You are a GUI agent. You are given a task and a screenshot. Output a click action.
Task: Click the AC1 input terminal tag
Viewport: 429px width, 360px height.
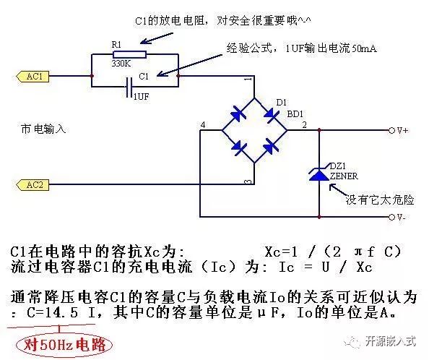coord(32,77)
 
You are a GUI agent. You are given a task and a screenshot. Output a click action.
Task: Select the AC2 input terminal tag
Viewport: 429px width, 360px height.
coord(32,185)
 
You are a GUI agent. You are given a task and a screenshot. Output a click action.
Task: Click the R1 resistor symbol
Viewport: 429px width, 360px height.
coord(129,54)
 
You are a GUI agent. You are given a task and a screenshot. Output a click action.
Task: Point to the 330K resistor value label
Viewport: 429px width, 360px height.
coord(121,64)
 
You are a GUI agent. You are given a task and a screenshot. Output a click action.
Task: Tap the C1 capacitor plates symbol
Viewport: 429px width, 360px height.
coord(129,87)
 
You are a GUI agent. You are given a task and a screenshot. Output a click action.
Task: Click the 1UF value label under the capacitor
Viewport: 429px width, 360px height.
coord(141,96)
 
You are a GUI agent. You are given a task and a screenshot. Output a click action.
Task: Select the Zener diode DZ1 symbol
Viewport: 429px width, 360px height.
coord(319,173)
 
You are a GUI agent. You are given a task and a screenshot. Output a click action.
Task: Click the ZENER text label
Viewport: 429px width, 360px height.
coord(344,176)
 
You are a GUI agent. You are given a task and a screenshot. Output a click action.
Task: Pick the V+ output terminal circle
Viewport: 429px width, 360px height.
coord(391,130)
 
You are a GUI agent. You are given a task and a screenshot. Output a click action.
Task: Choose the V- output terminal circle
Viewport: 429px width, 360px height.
coord(391,217)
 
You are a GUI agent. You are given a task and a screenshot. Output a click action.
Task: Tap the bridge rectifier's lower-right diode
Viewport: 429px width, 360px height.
coord(270,146)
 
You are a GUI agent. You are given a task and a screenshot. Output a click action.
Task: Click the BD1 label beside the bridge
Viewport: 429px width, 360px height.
coord(295,114)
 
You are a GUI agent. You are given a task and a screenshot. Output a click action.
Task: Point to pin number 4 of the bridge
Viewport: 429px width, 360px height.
coord(203,125)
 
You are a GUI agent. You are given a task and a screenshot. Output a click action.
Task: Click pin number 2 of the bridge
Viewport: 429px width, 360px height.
coord(304,125)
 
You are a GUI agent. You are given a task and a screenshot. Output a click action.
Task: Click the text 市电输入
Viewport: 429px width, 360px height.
coord(43,129)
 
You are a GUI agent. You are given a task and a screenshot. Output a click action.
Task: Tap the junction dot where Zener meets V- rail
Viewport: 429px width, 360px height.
coord(319,217)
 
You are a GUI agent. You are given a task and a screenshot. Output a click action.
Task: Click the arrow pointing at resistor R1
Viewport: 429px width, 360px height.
coord(157,38)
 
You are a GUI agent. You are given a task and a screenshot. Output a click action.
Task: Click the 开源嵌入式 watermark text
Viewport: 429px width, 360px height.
coord(391,341)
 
